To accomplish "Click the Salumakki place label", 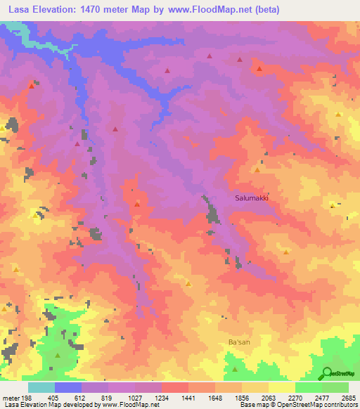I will [x=252, y=198].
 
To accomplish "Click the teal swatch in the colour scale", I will [x=41, y=387].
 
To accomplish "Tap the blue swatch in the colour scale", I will [x=68, y=387].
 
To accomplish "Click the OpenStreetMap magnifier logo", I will [x=327, y=373].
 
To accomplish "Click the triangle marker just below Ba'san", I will [x=235, y=368].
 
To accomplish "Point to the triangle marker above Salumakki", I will [x=257, y=170].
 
